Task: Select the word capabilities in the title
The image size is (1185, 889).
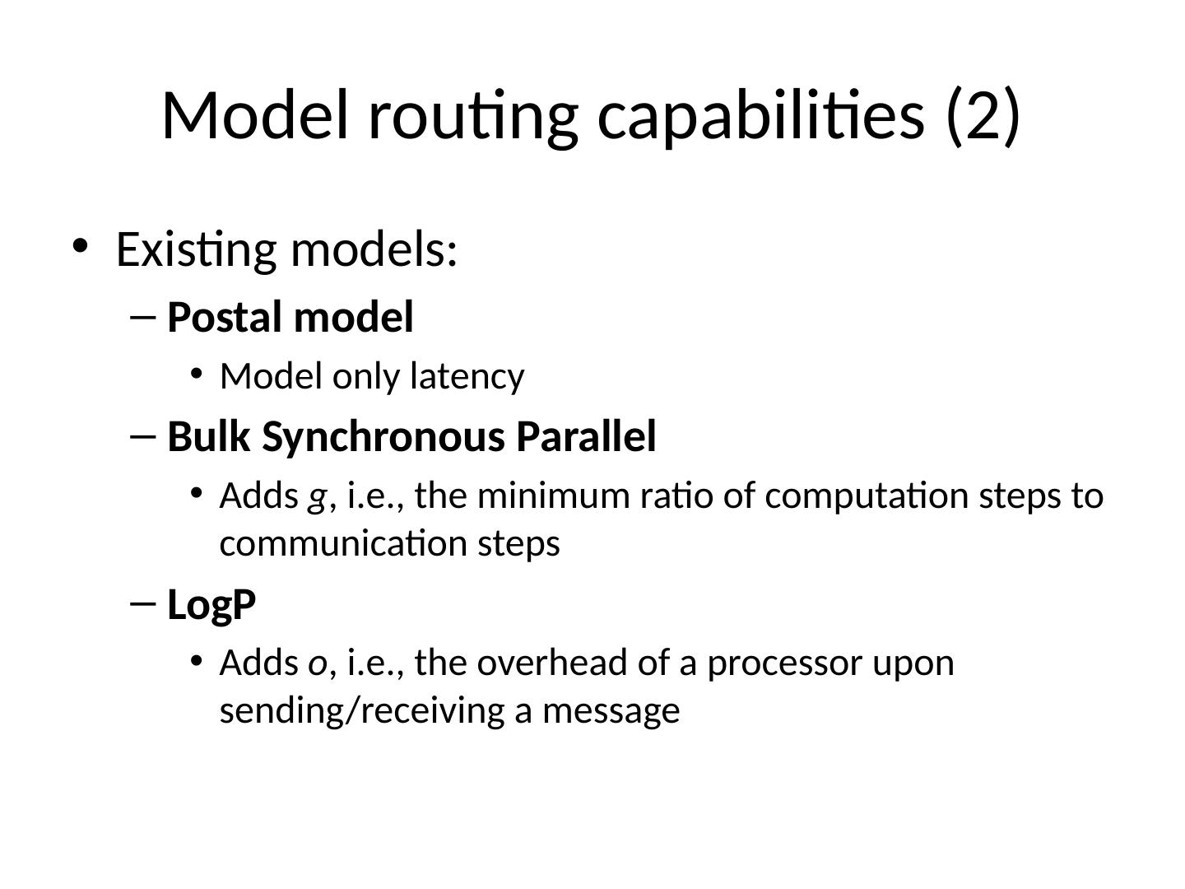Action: point(761,115)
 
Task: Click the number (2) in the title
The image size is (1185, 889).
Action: point(983,115)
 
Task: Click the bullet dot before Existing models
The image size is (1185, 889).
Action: point(80,245)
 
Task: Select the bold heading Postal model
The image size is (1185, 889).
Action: point(290,318)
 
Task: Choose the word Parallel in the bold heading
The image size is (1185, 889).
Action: point(586,436)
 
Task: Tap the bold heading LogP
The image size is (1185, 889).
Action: point(211,605)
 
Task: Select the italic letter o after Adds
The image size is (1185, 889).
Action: point(317,663)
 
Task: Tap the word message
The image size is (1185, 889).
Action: point(611,711)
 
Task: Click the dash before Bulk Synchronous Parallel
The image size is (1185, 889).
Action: point(142,436)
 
